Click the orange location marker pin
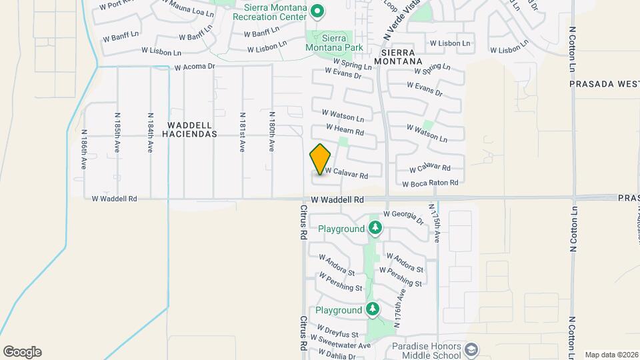coord(320,159)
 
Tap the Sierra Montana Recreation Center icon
coord(317,11)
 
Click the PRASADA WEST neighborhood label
coord(604,84)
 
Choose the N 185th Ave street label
coord(117,133)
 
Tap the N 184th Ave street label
coord(149,133)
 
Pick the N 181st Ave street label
coord(242,133)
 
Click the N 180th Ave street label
coord(272,133)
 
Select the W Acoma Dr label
coord(195,67)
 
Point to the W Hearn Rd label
coord(345,129)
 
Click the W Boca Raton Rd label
coord(430,183)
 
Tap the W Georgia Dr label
coord(404,217)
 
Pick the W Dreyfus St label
coord(338,331)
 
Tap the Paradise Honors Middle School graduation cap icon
coord(472,349)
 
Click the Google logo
coord(22,352)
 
